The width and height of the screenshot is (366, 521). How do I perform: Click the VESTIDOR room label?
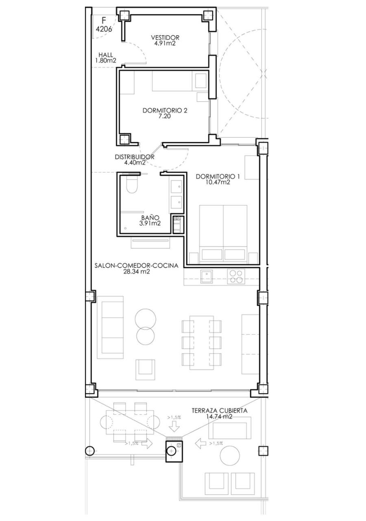[x=165, y=37]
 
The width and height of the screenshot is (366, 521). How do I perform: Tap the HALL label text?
[x=106, y=55]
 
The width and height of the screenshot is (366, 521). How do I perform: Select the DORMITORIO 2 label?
[x=165, y=110]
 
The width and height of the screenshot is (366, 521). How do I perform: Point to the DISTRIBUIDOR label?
[x=135, y=157]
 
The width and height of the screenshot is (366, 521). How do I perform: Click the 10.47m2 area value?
[x=218, y=182]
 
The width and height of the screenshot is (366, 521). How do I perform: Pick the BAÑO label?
[x=150, y=218]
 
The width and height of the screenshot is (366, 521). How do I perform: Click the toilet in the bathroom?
[x=132, y=184]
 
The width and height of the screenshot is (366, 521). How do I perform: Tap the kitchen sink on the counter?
[x=206, y=276]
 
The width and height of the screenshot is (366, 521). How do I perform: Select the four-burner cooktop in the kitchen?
[x=236, y=276]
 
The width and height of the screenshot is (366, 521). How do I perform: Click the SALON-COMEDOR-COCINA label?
[x=136, y=266]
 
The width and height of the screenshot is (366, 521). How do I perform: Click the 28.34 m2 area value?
[x=136, y=271]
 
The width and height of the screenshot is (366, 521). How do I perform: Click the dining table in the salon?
[x=201, y=342]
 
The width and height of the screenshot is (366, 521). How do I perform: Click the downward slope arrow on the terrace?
[x=175, y=427]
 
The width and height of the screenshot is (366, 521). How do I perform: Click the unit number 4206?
[x=104, y=29]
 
